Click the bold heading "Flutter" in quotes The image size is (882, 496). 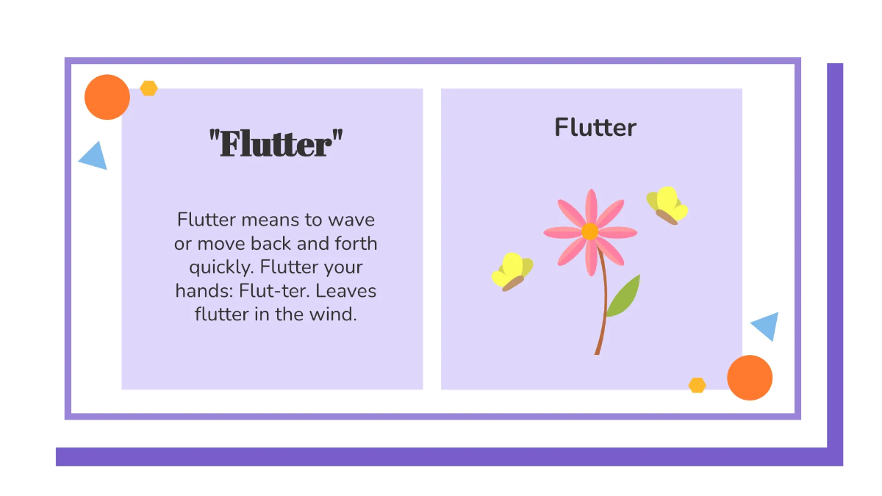tap(276, 143)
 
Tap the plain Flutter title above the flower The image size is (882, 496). tap(595, 127)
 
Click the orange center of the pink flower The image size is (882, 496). tap(589, 231)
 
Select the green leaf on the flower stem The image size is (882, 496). tap(623, 297)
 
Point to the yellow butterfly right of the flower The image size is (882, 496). tap(667, 205)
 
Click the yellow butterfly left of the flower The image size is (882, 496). tap(512, 271)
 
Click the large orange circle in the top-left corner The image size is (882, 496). tap(107, 97)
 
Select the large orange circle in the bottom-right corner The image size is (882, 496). tap(750, 378)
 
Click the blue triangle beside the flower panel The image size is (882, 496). tap(767, 326)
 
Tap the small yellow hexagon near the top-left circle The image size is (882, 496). tap(149, 88)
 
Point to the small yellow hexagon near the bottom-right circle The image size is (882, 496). tap(697, 385)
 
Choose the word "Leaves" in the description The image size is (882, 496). tap(349, 290)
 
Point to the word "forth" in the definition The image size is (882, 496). tap(356, 242)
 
